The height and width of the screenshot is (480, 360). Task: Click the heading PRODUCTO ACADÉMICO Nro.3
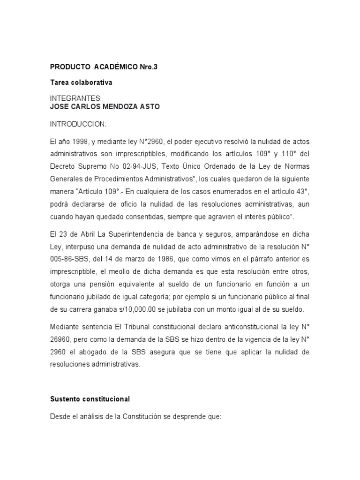(x=104, y=67)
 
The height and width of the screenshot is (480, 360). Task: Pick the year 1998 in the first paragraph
(x=81, y=141)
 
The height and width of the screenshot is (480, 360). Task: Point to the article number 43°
(x=301, y=192)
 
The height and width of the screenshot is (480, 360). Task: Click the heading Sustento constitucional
(x=90, y=399)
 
